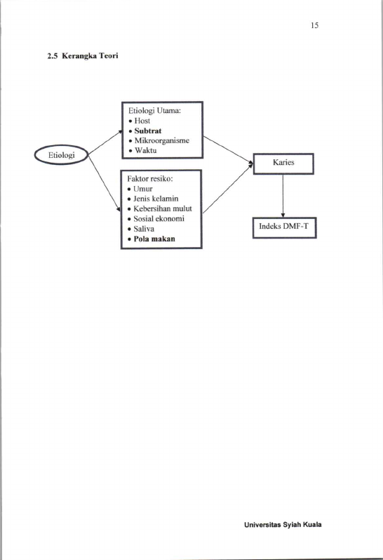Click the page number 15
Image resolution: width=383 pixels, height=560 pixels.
[x=314, y=25]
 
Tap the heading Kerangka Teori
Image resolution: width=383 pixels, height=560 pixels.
[x=90, y=55]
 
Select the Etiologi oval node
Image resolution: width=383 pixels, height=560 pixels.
[x=62, y=155]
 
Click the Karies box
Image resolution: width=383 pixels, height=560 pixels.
[x=284, y=164]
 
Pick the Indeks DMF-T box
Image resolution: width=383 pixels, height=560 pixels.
[x=285, y=227]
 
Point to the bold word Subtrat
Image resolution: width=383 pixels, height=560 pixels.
[x=148, y=131]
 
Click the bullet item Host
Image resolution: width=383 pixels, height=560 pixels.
[x=142, y=121]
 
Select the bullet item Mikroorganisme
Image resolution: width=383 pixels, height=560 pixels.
[x=162, y=140]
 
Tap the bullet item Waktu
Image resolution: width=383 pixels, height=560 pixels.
[x=146, y=150]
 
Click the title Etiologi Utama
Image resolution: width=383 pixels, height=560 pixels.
[x=154, y=111]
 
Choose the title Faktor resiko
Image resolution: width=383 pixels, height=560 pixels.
[x=150, y=178]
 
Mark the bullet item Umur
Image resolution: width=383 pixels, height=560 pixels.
[x=143, y=189]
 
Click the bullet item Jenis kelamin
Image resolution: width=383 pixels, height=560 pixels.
[x=156, y=199]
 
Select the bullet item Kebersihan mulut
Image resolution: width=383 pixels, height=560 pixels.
[x=163, y=208]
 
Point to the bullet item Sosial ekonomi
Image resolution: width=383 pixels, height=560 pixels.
[x=159, y=218]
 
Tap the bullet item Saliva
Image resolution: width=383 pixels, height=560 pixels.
[x=144, y=229]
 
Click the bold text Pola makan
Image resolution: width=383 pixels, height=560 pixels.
[x=154, y=239]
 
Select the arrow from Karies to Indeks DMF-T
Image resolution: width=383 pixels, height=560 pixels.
[x=283, y=196]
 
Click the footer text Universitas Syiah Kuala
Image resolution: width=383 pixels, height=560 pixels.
[x=283, y=525]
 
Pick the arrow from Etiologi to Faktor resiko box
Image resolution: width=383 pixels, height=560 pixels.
[x=105, y=184]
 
